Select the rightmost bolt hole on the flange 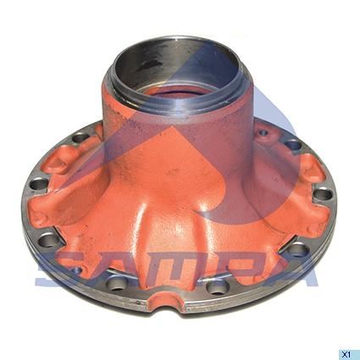pos(323,195)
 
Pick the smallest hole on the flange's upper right pos(263,132)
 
